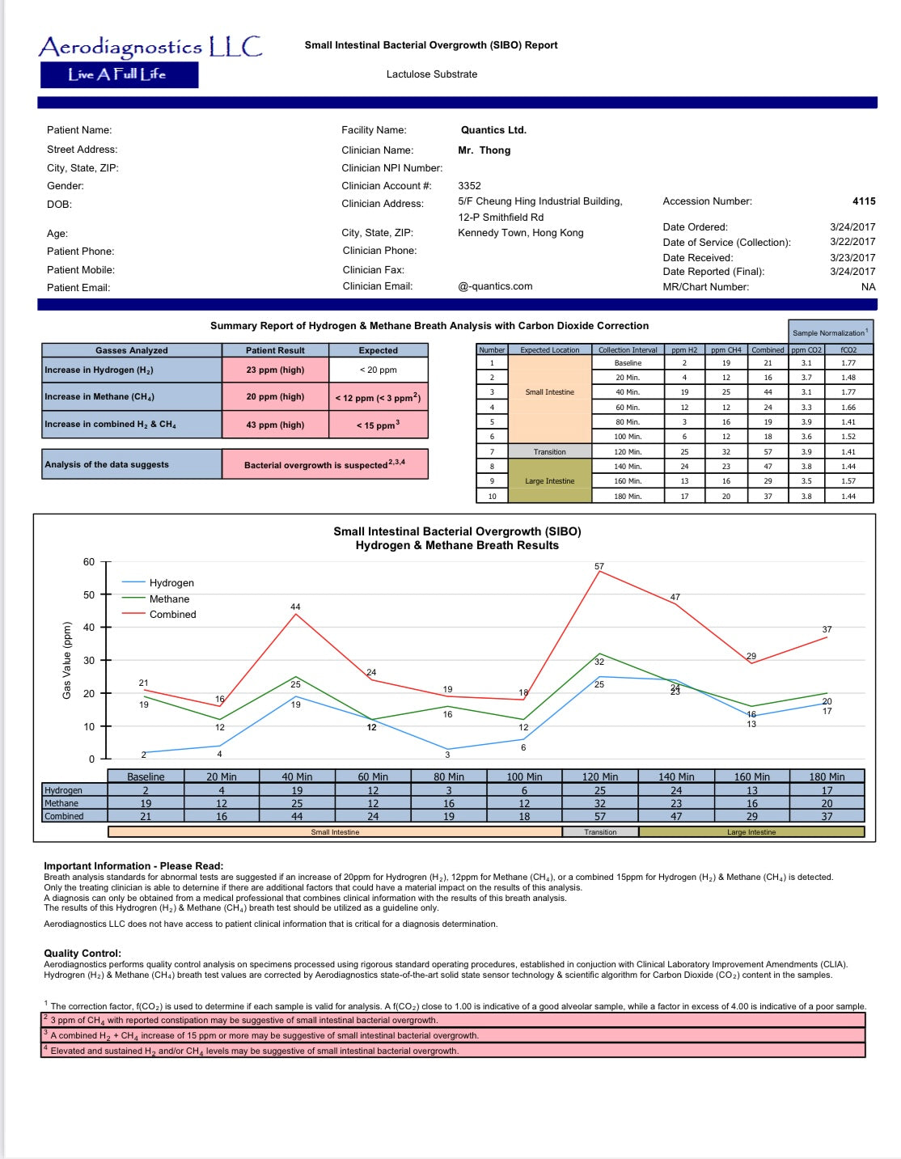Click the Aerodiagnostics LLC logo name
pos(150,47)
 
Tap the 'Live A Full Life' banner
pos(119,74)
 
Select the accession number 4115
pos(863,201)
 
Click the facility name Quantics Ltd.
pos(493,130)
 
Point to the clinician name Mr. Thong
pos(484,150)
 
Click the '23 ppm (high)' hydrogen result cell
pos(275,370)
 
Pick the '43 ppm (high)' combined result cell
pos(275,425)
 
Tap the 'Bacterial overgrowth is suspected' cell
pos(324,464)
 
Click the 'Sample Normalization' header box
pos(830,332)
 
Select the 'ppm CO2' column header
pos(806,350)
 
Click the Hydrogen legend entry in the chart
pos(171,583)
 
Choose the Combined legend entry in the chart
pos(172,615)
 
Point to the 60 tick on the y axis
pos(89,562)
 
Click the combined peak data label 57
pos(599,566)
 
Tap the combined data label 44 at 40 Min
pos(295,607)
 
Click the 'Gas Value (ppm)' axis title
pos(67,661)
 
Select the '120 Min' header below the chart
pos(600,776)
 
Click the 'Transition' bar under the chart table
pos(600,832)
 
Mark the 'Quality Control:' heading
pos(82,954)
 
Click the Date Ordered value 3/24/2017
pos(852,227)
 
